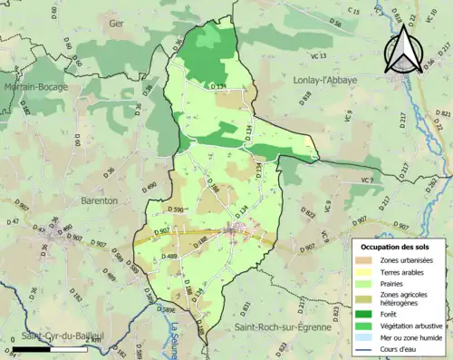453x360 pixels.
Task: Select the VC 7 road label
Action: click(x=366, y=180)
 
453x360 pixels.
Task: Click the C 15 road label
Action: click(x=354, y=11)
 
